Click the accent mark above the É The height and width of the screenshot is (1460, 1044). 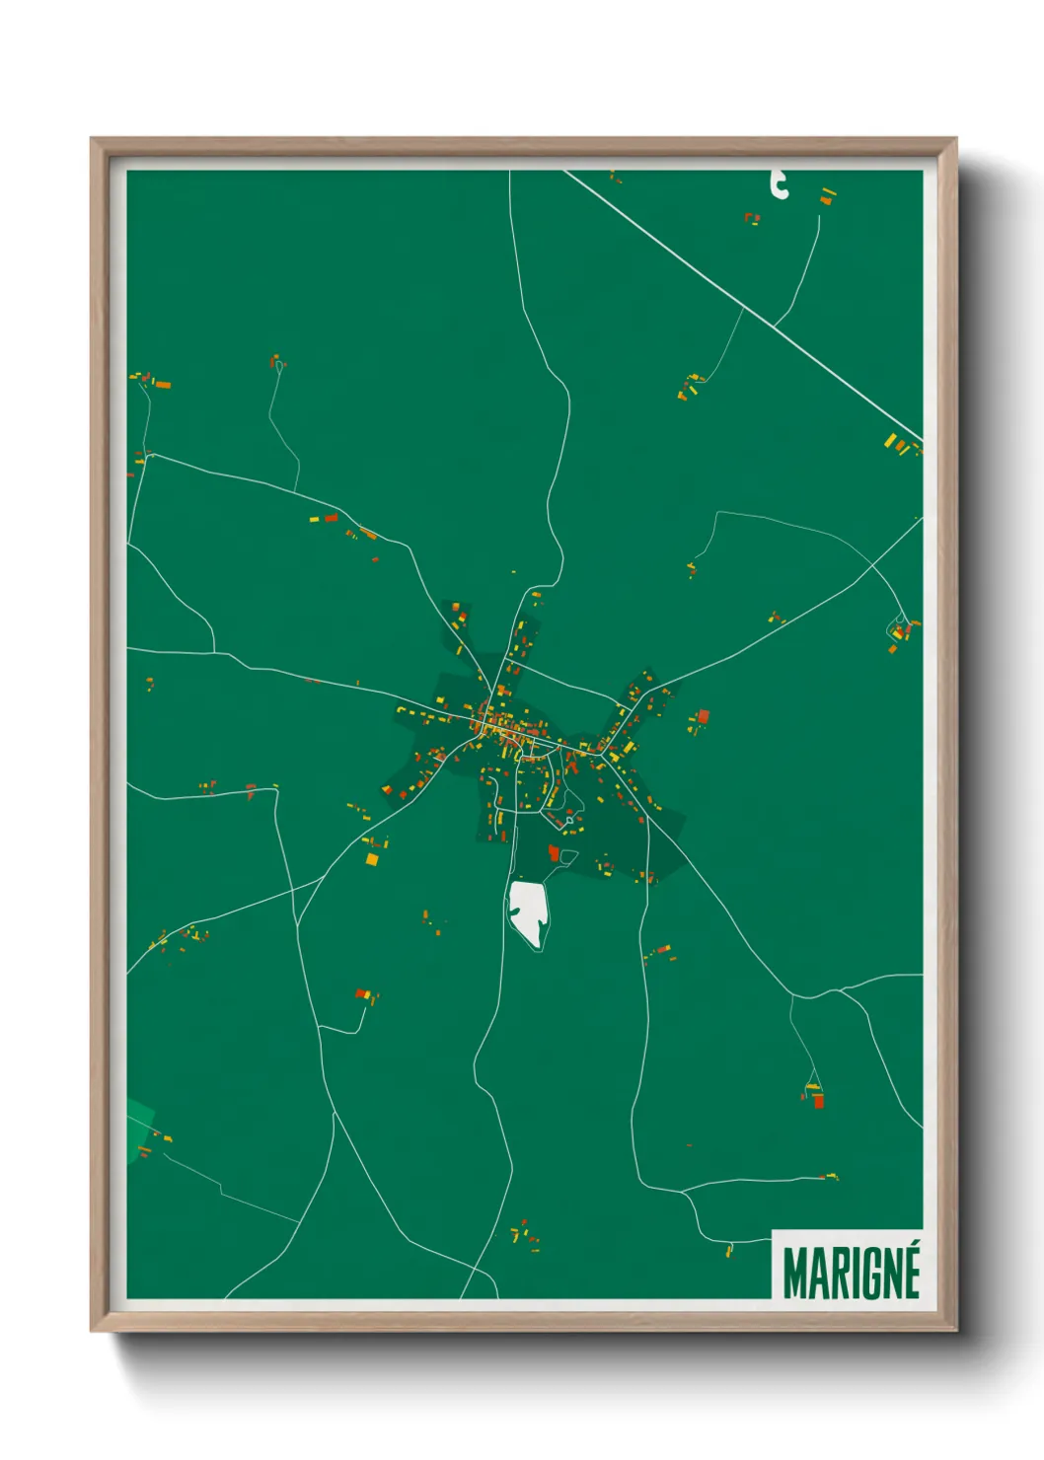(913, 1248)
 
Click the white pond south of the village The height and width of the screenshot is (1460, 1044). (527, 912)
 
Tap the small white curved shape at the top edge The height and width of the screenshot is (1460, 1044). (780, 184)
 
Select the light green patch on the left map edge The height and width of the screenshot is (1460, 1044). (139, 1126)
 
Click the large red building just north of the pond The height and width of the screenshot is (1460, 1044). (554, 852)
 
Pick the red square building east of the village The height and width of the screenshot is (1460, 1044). (703, 716)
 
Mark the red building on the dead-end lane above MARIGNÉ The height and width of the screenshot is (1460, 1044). (817, 1100)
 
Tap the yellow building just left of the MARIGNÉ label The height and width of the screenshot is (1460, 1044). (729, 1251)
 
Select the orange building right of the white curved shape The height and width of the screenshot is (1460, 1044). (826, 200)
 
